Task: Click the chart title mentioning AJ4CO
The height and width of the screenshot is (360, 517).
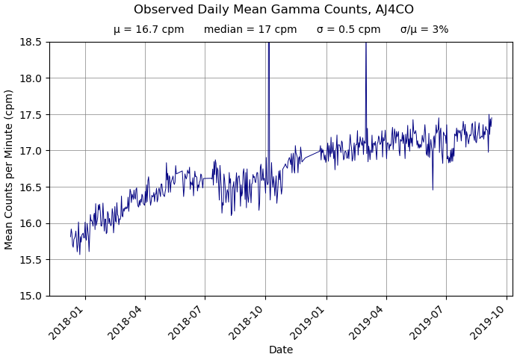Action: [273, 10]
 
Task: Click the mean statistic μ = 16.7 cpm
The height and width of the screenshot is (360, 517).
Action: [149, 30]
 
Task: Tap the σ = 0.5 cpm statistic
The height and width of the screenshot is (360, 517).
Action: [348, 30]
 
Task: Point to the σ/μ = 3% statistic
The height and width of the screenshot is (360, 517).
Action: [424, 30]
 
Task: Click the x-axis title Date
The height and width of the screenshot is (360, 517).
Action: [281, 350]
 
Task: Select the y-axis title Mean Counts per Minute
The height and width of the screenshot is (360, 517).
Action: [10, 169]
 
